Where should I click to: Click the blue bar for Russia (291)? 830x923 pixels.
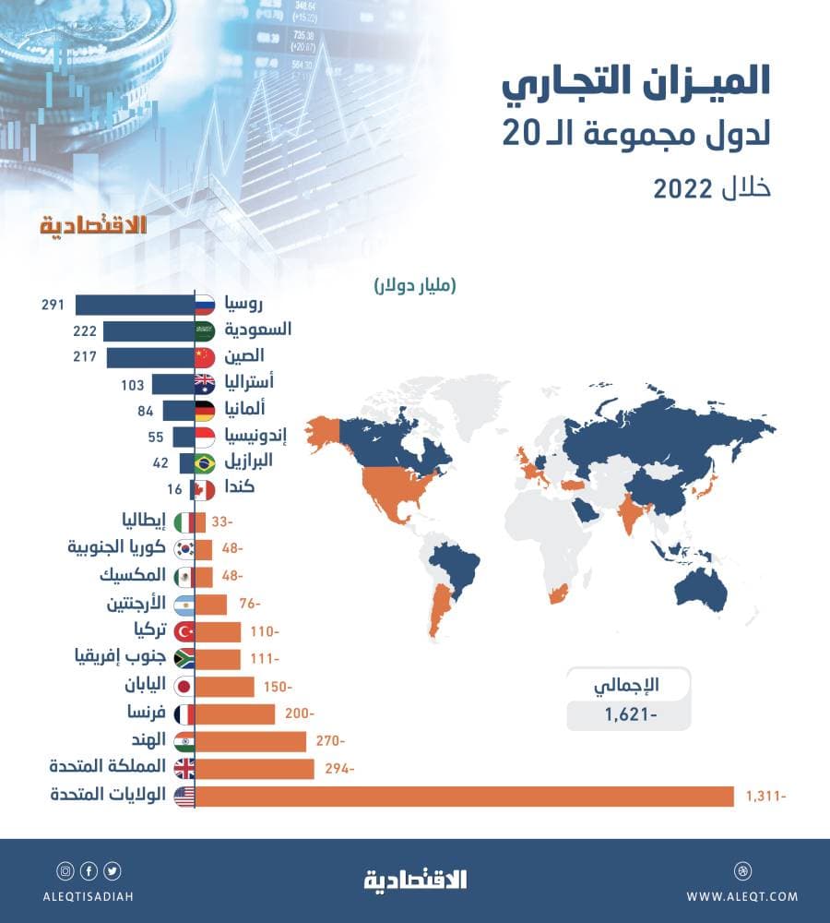click(134, 305)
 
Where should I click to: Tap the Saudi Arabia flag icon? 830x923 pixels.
click(204, 330)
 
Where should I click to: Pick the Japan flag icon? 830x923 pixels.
click(184, 687)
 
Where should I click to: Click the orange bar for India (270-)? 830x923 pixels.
click(251, 741)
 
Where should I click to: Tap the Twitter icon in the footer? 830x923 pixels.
click(113, 870)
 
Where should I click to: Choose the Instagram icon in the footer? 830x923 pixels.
click(65, 870)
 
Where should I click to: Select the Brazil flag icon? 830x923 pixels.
click(204, 462)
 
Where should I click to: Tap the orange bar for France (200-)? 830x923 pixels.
click(235, 713)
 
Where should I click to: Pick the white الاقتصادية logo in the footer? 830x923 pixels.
click(415, 879)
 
